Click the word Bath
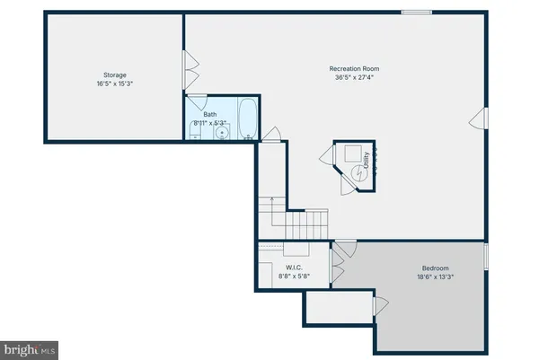pos(210,114)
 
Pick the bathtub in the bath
pos(248,120)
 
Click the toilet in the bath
pos(194,134)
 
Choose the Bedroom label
pos(436,268)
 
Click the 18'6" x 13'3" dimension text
pos(436,277)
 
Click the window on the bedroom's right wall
pos(486,257)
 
